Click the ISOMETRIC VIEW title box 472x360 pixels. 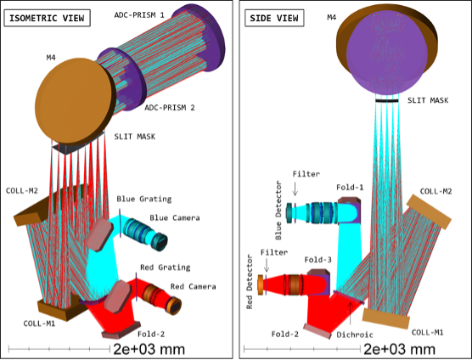(47, 18)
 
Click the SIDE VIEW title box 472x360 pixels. (274, 18)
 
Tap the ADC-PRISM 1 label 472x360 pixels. (139, 14)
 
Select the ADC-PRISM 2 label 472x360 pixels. (170, 108)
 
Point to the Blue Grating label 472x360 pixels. (144, 199)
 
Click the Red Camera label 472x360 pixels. (194, 286)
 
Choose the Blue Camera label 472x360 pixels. (175, 217)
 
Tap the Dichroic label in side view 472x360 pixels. (355, 335)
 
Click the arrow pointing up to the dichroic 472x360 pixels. (350, 313)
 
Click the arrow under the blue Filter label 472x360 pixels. (295, 188)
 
